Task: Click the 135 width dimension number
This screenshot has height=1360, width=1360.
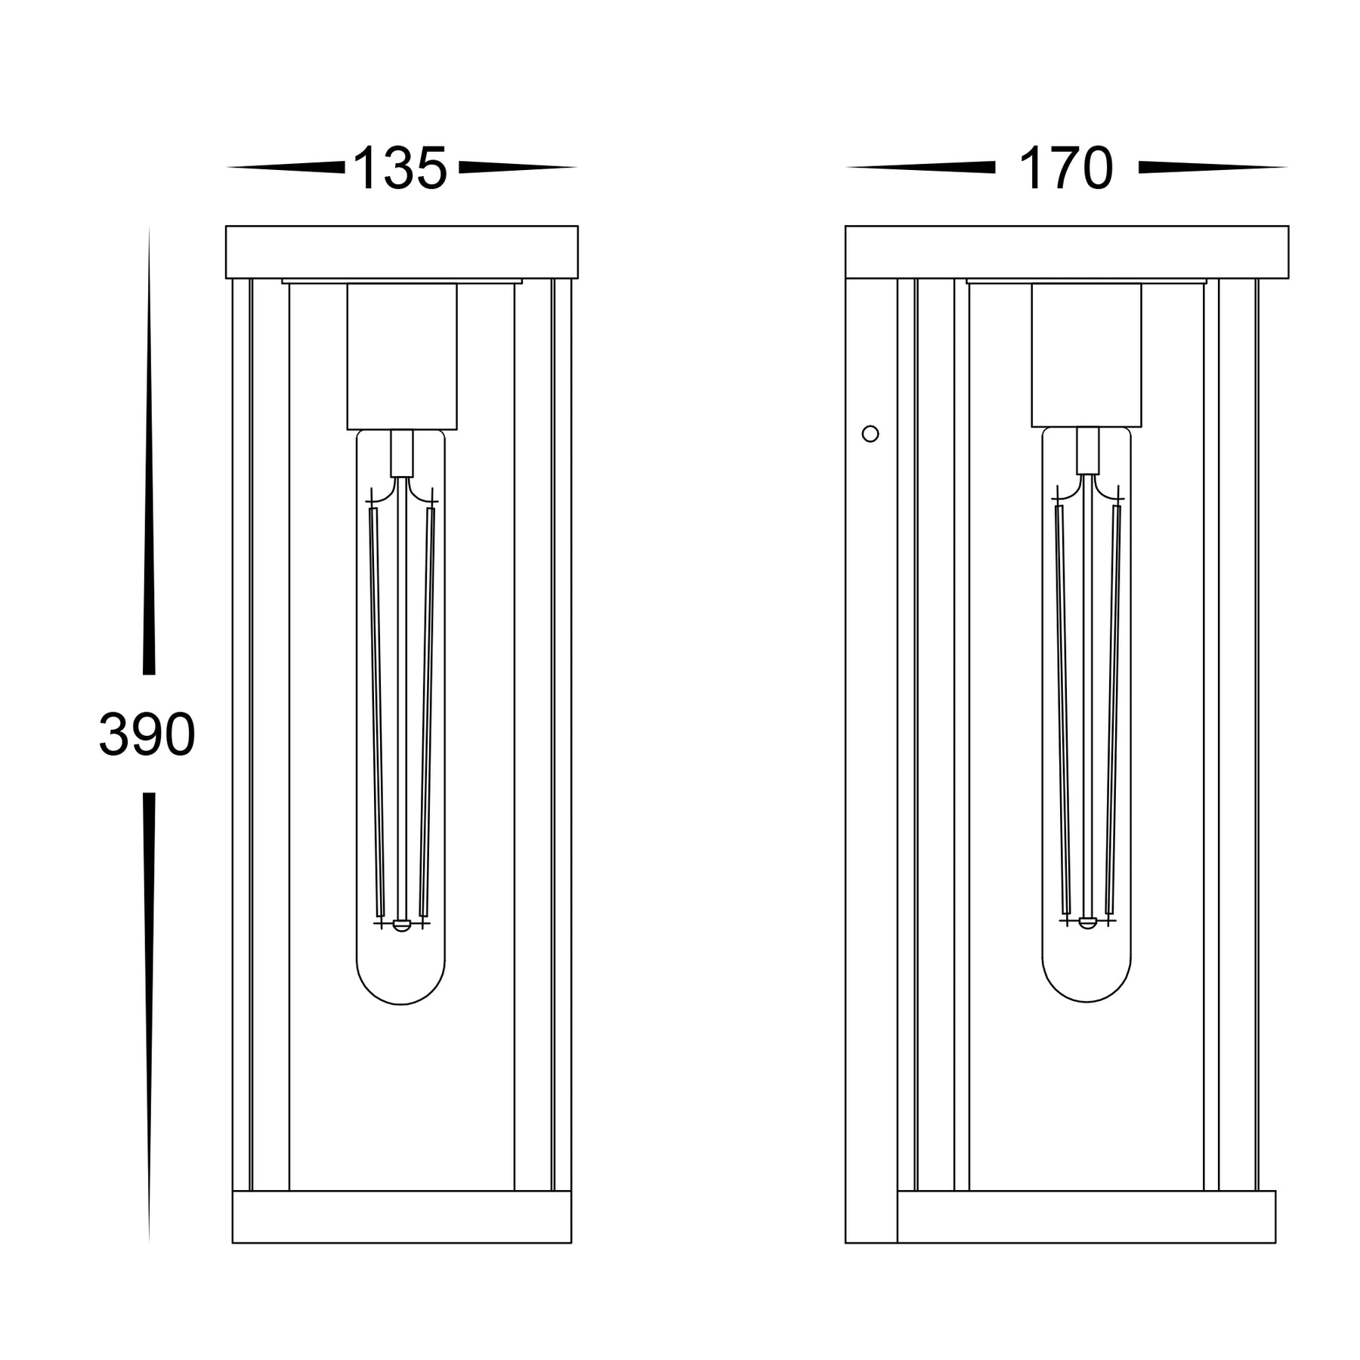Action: coord(400,168)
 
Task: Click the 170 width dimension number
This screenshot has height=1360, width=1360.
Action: coord(1066,168)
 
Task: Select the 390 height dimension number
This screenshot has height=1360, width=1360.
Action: coord(147,734)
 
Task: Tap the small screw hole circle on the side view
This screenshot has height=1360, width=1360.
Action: coord(870,434)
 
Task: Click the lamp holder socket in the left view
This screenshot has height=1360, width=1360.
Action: coord(402,356)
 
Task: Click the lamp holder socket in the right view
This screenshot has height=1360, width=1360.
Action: coord(1086,354)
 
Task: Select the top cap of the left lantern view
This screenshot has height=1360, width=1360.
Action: coord(402,252)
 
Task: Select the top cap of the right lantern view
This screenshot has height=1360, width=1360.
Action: coord(1067,252)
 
